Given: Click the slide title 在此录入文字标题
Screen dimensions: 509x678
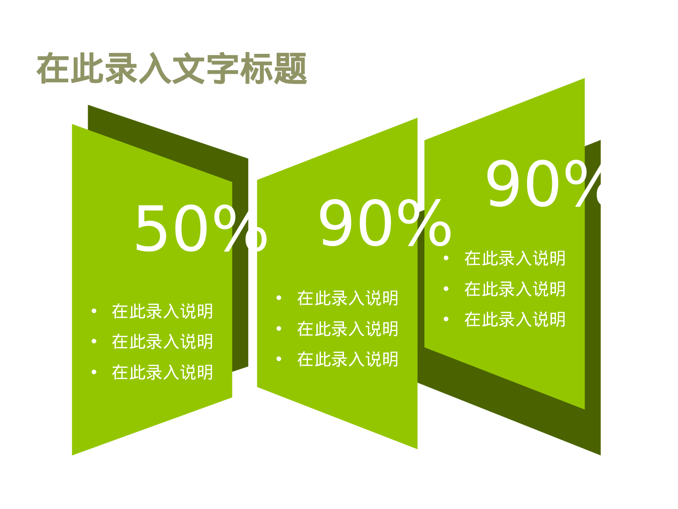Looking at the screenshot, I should tap(172, 69).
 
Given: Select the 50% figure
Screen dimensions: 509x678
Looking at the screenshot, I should tap(201, 229).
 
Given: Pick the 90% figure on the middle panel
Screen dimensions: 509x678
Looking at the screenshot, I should tap(385, 224).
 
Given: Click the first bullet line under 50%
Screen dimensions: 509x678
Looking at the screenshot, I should tap(162, 311).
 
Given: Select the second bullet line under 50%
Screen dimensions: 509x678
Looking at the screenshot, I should tap(162, 342).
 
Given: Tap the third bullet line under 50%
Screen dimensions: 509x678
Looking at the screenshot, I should tap(162, 372).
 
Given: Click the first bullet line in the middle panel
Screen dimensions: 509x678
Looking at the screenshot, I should tap(348, 298).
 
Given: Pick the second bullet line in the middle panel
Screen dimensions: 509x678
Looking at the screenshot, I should tap(348, 329).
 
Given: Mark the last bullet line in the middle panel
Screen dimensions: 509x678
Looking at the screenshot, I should tap(348, 359).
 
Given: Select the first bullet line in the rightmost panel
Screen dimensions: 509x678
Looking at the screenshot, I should tap(515, 258).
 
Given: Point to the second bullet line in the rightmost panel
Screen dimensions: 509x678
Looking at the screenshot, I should tap(515, 289).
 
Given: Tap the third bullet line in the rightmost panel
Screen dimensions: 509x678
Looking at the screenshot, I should tap(515, 319).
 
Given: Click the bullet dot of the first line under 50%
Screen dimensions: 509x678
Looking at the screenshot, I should tap(94, 311).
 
